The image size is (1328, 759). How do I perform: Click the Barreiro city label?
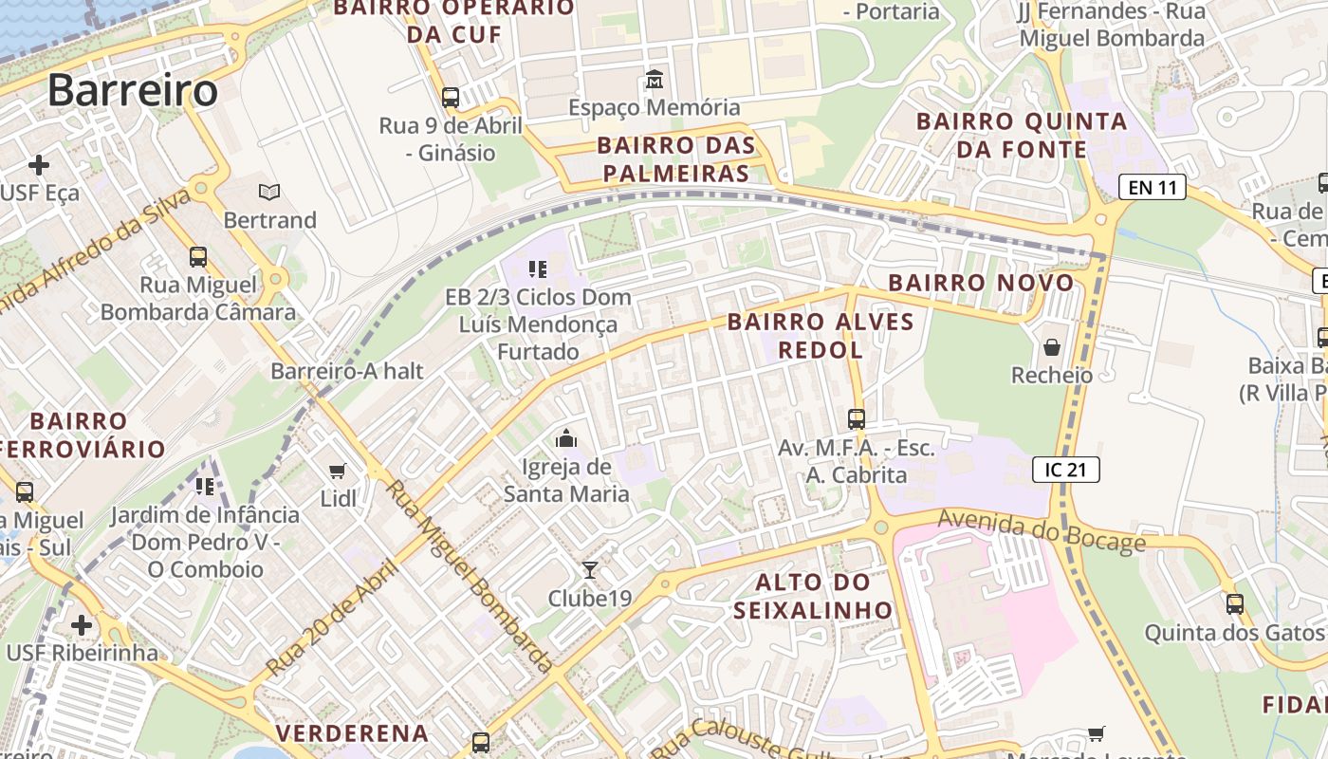point(133,90)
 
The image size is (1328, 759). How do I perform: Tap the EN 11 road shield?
point(1153,187)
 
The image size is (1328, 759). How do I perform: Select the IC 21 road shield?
point(1066,469)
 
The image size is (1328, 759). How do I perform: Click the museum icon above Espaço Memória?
point(654,80)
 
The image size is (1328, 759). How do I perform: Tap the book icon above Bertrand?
point(269,193)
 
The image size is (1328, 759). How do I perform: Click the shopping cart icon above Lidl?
point(337,471)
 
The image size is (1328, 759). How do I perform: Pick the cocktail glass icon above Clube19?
point(590,569)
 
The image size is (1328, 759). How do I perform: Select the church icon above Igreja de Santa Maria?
point(566,438)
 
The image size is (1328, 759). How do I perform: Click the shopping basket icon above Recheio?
point(1051,347)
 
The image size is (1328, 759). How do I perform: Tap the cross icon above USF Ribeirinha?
point(82,625)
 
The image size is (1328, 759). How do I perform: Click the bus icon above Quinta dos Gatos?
point(1234,603)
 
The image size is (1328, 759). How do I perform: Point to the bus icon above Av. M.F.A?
point(856,418)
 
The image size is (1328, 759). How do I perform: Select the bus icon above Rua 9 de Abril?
point(451,97)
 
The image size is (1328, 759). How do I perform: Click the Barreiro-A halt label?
point(347,371)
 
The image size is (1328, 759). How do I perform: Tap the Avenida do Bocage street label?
point(1042,530)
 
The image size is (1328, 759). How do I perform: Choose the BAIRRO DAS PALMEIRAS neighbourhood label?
point(676,159)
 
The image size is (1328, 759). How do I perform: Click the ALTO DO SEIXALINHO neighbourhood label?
point(813,596)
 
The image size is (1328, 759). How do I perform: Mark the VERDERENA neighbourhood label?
point(352,732)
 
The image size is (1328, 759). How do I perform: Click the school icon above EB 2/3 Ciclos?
point(538,269)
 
